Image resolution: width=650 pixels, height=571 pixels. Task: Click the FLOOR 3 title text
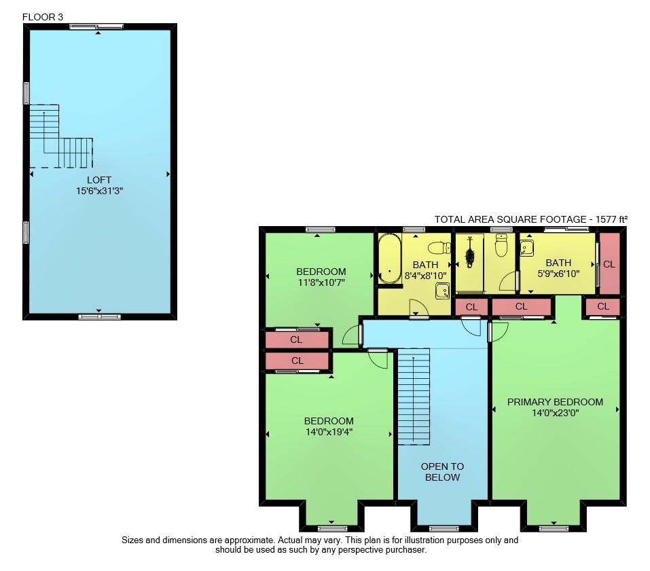pos(43,17)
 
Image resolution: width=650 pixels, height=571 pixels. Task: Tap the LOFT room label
pos(99,180)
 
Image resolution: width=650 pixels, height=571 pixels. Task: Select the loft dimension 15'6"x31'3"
pos(99,191)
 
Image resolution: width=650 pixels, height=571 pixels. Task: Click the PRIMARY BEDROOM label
pos(555,402)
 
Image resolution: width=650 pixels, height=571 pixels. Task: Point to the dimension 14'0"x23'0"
pos(555,413)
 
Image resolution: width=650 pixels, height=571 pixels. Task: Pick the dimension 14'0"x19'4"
pos(329,432)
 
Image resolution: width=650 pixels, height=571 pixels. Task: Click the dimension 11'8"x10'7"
pos(321,282)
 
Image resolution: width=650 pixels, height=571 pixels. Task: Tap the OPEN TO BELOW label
pos(442,472)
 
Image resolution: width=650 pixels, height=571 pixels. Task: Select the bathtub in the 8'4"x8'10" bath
pos(390,259)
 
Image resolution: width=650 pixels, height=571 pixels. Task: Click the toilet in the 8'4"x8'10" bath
pos(439,248)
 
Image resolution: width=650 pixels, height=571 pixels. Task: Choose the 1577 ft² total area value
pos(611,219)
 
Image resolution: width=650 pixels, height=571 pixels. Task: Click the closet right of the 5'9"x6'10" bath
pos(609,264)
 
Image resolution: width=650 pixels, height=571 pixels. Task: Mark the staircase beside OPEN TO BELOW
pos(414,397)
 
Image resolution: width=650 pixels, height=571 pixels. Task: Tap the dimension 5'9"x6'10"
pos(558,274)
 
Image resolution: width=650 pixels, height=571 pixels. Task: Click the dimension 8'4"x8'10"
pos(425,276)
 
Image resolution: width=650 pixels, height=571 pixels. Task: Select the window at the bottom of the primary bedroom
pos(554,528)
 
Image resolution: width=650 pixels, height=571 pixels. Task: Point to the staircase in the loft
pos(61,136)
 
